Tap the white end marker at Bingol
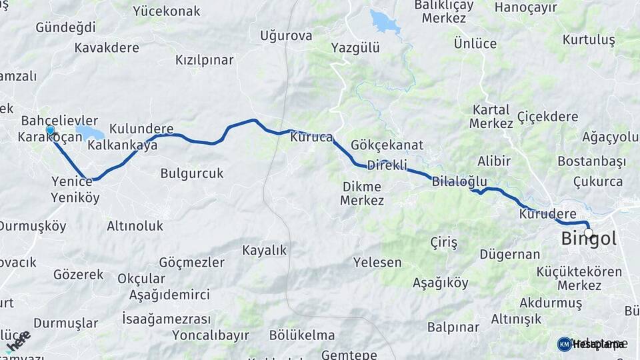[588, 233]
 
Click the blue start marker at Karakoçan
[50, 129]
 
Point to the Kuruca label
[311, 138]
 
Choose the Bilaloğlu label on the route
[459, 181]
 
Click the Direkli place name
[387, 165]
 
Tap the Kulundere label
[141, 129]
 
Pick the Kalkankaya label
[123, 145]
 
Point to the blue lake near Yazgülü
[385, 22]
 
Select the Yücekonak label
[167, 11]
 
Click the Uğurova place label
[286, 35]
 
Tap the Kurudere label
[547, 214]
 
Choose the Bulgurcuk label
[192, 173]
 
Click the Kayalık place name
[264, 251]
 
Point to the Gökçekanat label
[392, 145]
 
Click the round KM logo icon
[564, 344]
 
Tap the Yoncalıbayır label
[211, 335]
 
